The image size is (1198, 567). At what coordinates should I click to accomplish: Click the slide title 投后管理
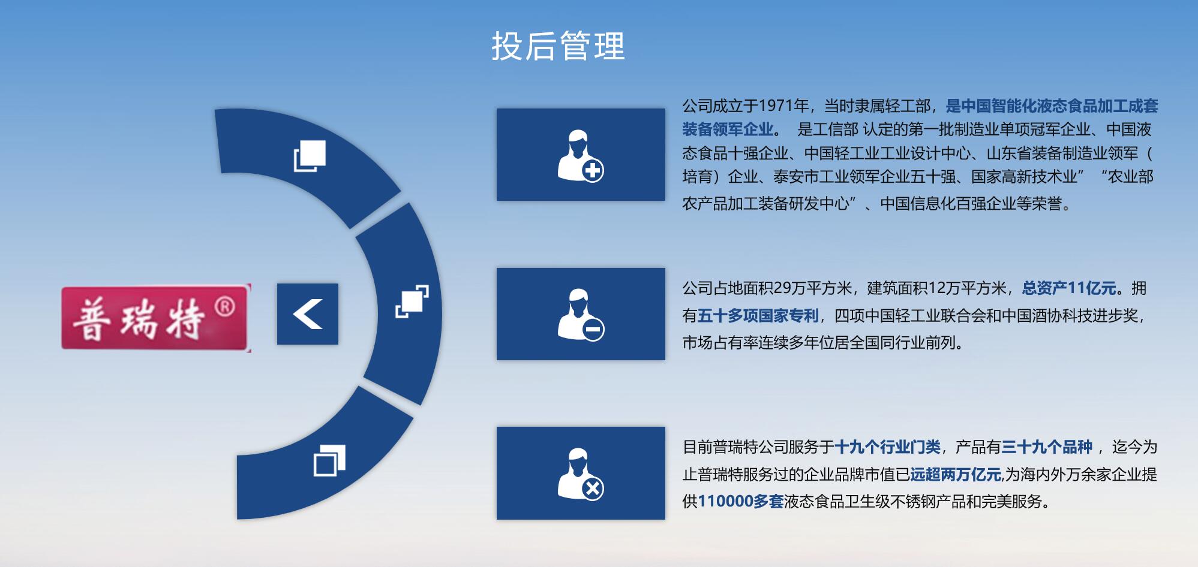558,46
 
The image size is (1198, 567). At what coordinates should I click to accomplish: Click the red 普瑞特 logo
156,318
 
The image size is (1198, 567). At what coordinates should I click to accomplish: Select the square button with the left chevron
308,314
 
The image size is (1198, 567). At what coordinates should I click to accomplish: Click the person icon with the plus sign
580,155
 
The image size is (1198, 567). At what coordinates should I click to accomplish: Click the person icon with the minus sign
580,315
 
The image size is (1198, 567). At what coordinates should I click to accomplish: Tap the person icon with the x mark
580,473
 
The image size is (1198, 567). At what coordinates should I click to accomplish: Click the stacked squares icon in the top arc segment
310,156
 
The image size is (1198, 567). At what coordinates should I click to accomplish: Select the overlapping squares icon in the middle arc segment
412,301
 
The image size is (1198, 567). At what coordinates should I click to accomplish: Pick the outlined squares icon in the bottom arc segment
329,460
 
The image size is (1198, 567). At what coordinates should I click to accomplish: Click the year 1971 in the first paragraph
776,106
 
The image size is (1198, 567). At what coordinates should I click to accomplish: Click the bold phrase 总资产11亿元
1069,288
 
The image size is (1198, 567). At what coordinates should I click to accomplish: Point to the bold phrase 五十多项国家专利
758,315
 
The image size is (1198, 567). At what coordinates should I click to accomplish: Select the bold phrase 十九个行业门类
887,447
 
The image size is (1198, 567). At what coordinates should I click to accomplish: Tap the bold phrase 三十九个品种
1047,447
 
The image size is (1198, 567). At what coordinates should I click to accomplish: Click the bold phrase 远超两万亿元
956,475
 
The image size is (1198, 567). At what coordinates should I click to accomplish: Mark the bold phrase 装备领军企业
728,129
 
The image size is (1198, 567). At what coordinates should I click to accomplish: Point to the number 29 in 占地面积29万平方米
782,288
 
